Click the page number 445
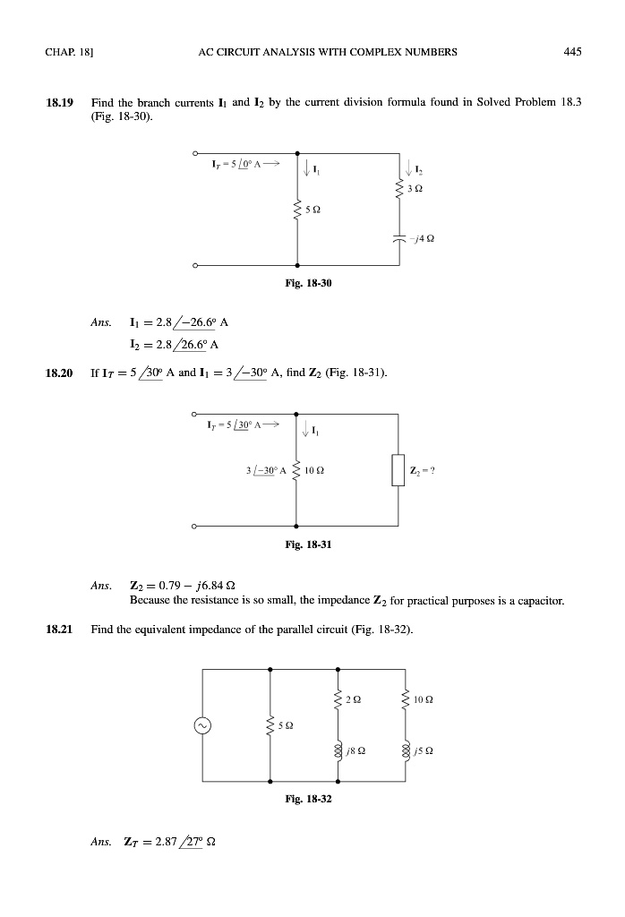[x=573, y=52]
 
